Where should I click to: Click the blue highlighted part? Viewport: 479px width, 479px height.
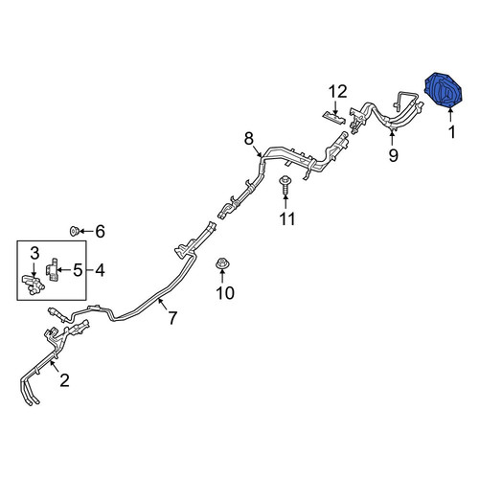coord(443,91)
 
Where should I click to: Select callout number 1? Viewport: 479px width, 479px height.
coord(451,132)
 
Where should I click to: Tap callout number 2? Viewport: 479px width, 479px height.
coord(64,380)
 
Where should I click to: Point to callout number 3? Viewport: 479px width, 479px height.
coord(34,254)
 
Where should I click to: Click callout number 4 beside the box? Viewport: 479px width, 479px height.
coord(100,270)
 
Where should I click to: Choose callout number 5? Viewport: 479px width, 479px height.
coord(78,270)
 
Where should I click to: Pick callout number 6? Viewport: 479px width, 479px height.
coord(101,231)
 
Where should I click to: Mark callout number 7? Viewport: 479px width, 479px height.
coord(172,318)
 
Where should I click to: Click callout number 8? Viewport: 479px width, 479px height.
coord(249,139)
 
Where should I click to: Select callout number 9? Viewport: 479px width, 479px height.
coord(394,155)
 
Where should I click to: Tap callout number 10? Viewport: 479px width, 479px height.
coord(225,293)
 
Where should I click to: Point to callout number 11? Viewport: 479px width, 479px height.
coord(287,219)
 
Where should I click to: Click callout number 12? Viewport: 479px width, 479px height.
coord(338,92)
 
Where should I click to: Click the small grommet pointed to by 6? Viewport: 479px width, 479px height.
coord(74,231)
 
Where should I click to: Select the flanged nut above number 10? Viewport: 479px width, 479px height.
coord(221,263)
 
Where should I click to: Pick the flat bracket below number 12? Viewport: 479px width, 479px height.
coord(334,118)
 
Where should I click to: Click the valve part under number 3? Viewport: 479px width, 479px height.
coord(34,284)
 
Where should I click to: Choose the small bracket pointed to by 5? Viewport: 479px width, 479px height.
coord(53,270)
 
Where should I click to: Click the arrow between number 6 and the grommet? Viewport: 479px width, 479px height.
coord(85,231)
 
